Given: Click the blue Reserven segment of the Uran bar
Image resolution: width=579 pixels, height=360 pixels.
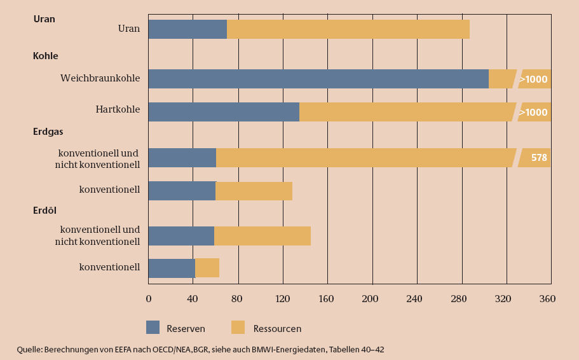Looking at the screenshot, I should pos(187,29).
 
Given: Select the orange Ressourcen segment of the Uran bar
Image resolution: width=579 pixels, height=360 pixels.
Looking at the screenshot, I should pos(348,29).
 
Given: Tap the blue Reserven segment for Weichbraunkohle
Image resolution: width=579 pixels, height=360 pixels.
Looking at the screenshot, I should pos(318,79).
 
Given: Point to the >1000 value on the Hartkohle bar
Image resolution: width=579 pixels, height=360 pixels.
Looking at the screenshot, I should pos(533,113).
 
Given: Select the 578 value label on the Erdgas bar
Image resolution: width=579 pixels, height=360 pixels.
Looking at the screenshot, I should pos(539,157).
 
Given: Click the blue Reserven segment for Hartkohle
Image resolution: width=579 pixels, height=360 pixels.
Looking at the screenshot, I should pos(224,112).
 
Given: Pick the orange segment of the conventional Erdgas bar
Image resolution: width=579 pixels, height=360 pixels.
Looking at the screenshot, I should pos(254,191).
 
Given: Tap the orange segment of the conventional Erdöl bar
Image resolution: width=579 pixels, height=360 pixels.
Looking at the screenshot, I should pos(207,268).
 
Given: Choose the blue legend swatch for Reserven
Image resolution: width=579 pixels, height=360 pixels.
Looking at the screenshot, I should pos(153,328).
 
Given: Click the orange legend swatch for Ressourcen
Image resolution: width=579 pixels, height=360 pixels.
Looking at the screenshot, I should pos(238,328).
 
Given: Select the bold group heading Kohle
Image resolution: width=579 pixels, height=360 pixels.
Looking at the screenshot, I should pos(46,56).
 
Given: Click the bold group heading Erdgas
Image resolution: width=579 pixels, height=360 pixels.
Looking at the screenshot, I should pos(48,132).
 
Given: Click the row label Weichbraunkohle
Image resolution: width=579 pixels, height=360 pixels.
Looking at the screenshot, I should pos(100,79).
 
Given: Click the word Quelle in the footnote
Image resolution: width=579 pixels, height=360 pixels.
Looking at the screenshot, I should pos(29,350).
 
